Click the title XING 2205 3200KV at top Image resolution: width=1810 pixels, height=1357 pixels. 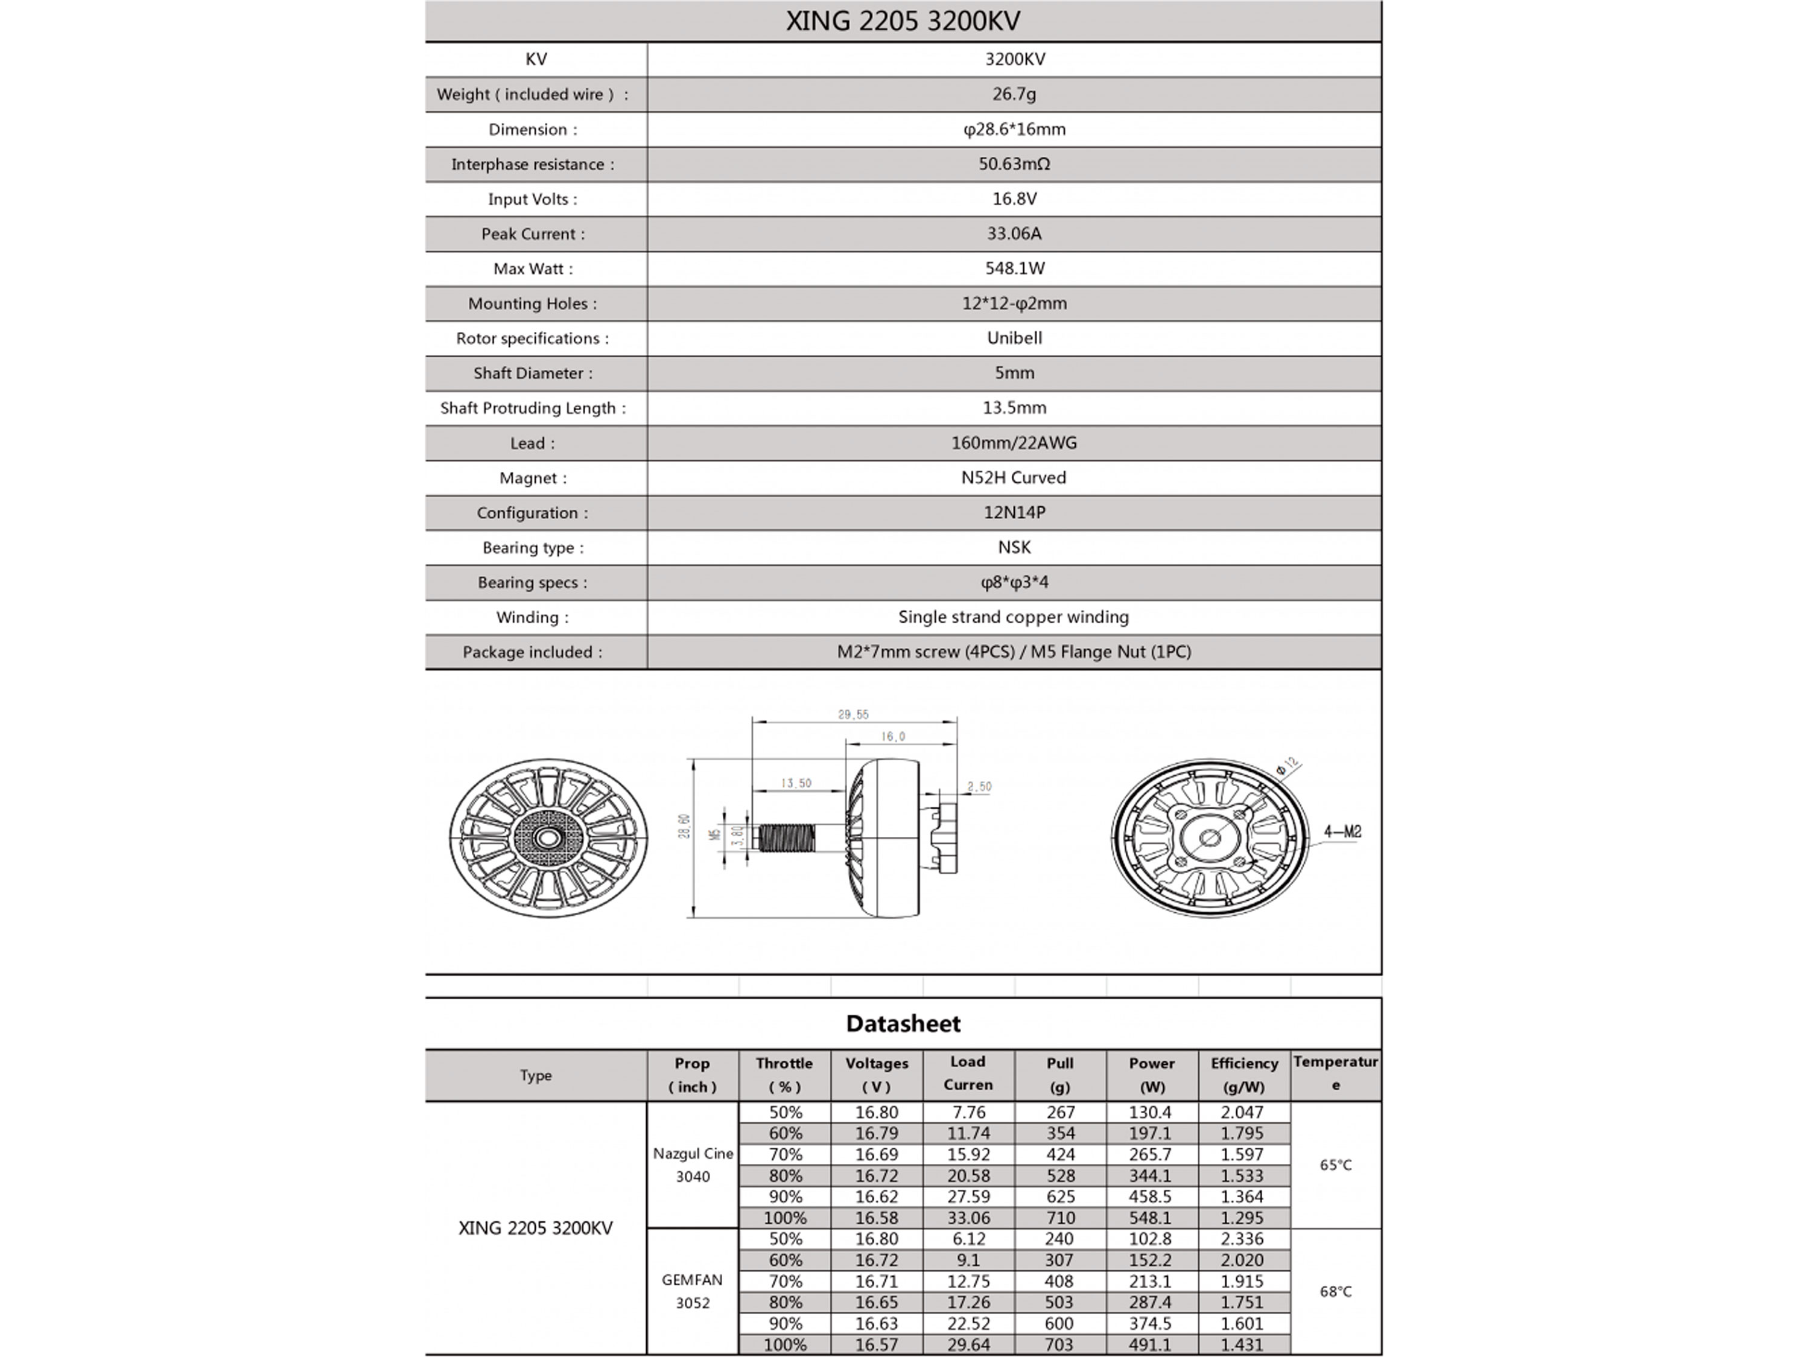click(x=903, y=21)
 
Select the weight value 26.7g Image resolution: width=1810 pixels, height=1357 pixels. click(x=1014, y=94)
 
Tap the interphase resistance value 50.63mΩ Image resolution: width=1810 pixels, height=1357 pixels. click(x=1014, y=164)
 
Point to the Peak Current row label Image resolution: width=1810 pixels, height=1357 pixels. click(x=533, y=234)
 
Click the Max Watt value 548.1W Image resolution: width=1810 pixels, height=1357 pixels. click(x=1014, y=269)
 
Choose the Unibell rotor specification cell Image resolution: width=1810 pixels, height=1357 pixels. click(x=1014, y=338)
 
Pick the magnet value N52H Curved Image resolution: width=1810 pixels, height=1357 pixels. click(x=1014, y=478)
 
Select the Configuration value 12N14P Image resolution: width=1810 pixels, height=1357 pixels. click(x=1014, y=512)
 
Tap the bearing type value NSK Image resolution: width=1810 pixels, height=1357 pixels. click(x=1014, y=547)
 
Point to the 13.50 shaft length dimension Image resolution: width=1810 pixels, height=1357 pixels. click(x=795, y=783)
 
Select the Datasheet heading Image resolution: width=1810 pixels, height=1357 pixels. click(x=903, y=1023)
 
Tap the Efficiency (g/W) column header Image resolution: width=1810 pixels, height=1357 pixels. click(x=1243, y=1075)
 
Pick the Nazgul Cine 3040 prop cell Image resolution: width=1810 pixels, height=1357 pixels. click(x=692, y=1165)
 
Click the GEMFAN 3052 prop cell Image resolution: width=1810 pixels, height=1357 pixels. click(x=692, y=1291)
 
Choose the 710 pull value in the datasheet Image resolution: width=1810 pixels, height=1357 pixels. click(x=1059, y=1218)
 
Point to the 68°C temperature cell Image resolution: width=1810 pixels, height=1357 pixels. click(x=1335, y=1291)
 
